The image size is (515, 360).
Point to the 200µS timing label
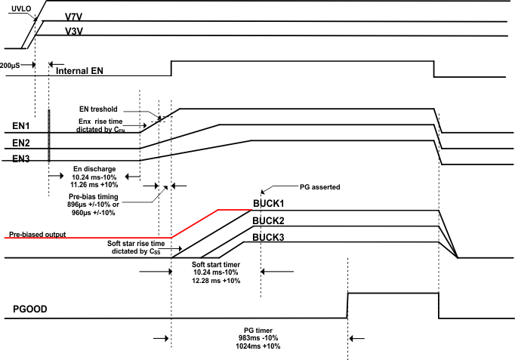coord(14,65)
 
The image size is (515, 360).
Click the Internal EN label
coord(85,72)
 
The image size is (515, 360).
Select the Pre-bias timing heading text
coord(97,195)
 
